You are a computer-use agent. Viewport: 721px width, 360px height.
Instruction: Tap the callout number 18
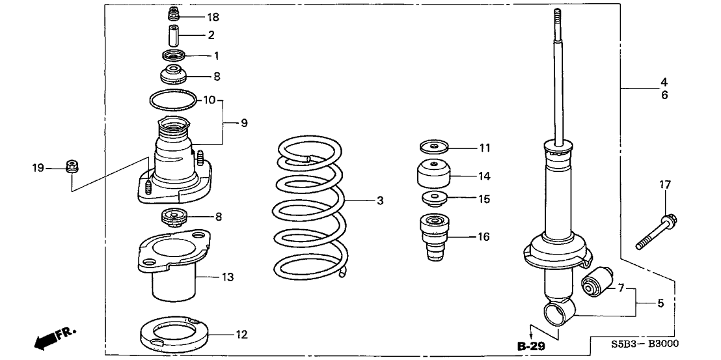click(196, 16)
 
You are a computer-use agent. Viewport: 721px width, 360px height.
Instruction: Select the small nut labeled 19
click(72, 167)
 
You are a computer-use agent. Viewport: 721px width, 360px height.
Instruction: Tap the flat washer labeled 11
click(435, 147)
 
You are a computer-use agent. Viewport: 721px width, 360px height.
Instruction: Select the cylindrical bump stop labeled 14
click(432, 175)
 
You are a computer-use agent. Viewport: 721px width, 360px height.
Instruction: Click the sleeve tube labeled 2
click(172, 35)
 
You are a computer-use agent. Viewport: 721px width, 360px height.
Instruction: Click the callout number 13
click(226, 277)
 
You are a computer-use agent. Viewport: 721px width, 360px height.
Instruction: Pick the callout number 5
click(661, 303)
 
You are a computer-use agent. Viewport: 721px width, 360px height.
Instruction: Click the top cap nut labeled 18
click(173, 13)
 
